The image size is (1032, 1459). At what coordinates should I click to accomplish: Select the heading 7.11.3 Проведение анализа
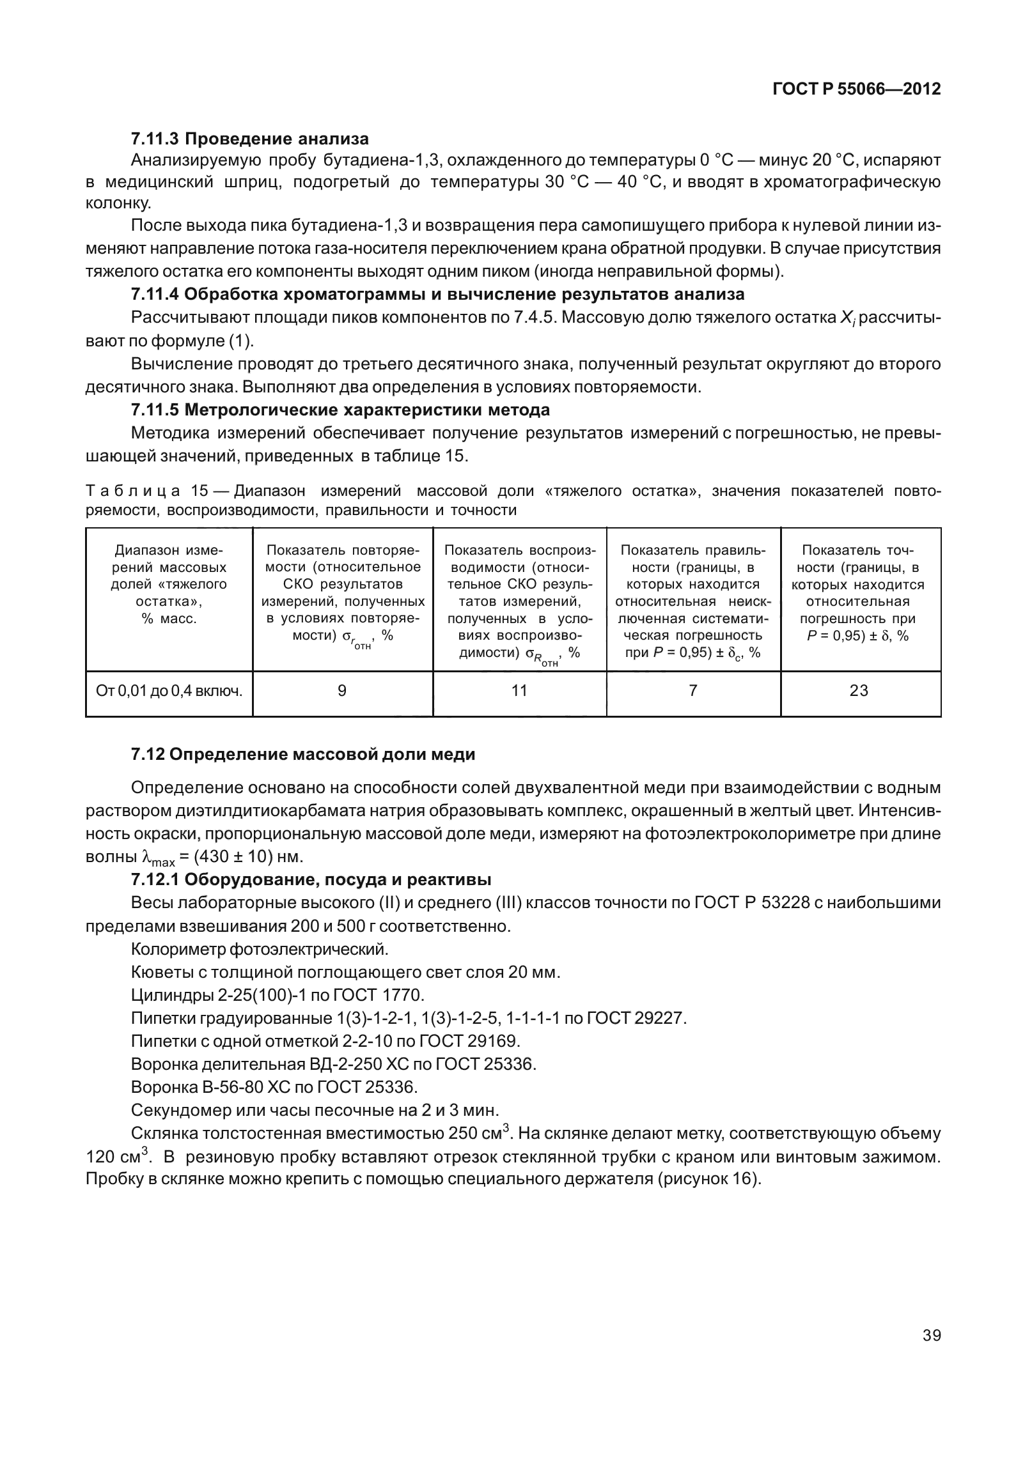(x=249, y=139)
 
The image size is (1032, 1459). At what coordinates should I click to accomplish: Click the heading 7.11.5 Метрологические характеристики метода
(x=340, y=409)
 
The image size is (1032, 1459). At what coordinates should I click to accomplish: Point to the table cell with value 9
(x=342, y=691)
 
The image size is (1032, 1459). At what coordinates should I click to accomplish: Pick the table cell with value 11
(x=519, y=691)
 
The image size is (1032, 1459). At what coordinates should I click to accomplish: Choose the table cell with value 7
(x=692, y=691)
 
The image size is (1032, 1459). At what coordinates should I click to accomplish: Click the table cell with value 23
(x=859, y=691)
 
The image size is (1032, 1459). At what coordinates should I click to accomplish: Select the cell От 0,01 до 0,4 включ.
(x=169, y=691)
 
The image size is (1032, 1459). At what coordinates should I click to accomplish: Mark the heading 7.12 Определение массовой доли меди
(x=303, y=754)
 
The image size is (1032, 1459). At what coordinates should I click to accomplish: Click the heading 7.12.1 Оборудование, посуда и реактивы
(x=311, y=880)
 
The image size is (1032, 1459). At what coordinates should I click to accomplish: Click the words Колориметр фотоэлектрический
(x=259, y=949)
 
